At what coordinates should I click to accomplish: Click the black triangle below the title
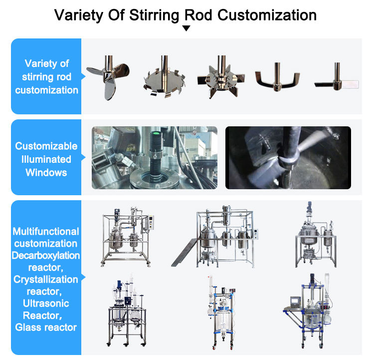pos(187,28)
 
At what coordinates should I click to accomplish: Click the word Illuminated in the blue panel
pos(46,159)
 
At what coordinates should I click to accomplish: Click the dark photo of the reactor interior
pos(288,157)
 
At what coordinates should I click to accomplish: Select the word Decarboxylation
pos(46,256)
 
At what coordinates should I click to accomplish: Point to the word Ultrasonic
pos(46,303)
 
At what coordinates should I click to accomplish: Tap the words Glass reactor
pos(46,327)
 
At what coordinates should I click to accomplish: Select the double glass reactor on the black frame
pos(124,312)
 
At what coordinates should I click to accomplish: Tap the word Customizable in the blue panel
pos(46,146)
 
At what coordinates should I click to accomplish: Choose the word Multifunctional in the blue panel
pos(46,232)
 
